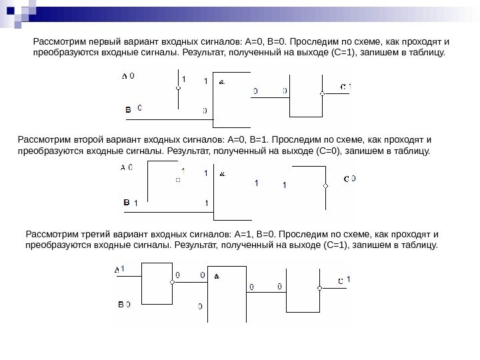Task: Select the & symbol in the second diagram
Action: pyautogui.click(x=222, y=175)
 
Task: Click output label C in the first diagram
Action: pyautogui.click(x=343, y=87)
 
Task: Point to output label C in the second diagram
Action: pyautogui.click(x=346, y=179)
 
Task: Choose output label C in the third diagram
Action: pyautogui.click(x=340, y=281)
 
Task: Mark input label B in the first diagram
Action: pyautogui.click(x=128, y=108)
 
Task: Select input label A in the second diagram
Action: pyautogui.click(x=123, y=168)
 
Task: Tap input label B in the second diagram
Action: pyautogui.click(x=125, y=201)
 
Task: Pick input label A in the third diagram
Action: pyautogui.click(x=117, y=269)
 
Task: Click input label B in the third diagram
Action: pyautogui.click(x=121, y=304)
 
